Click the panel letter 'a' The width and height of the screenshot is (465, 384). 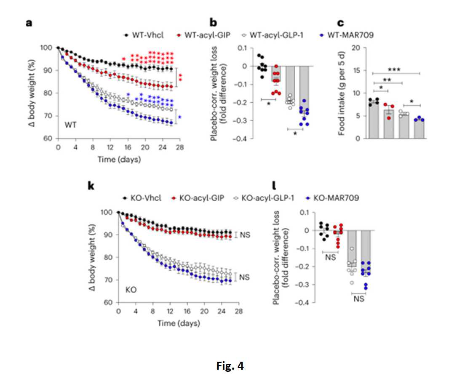[x=29, y=24]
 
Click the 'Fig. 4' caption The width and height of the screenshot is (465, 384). [x=230, y=366]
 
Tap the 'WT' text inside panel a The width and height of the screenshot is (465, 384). [x=70, y=125]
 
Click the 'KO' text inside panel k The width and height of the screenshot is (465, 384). [x=131, y=290]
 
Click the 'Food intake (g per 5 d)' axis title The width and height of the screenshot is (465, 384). [x=342, y=93]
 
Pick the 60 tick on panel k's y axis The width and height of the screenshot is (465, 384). [x=108, y=303]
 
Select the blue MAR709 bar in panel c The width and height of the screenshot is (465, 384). [x=418, y=129]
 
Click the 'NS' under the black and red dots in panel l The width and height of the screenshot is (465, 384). [x=330, y=257]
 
